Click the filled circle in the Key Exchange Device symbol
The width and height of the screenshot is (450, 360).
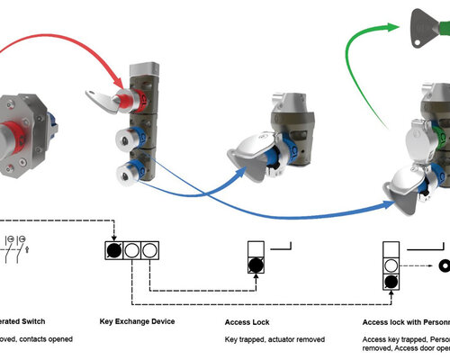tap(114, 250)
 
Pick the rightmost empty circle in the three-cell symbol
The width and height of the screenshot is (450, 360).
tap(150, 250)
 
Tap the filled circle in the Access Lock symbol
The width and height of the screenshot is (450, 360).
tap(256, 265)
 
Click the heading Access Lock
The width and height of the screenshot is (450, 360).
tap(249, 320)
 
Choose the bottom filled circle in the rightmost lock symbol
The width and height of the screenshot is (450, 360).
tap(391, 282)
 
